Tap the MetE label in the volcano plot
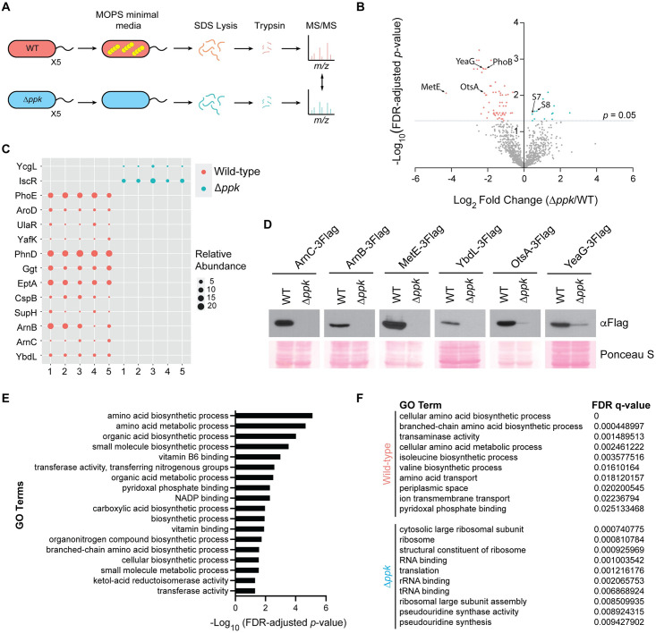[x=432, y=86]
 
